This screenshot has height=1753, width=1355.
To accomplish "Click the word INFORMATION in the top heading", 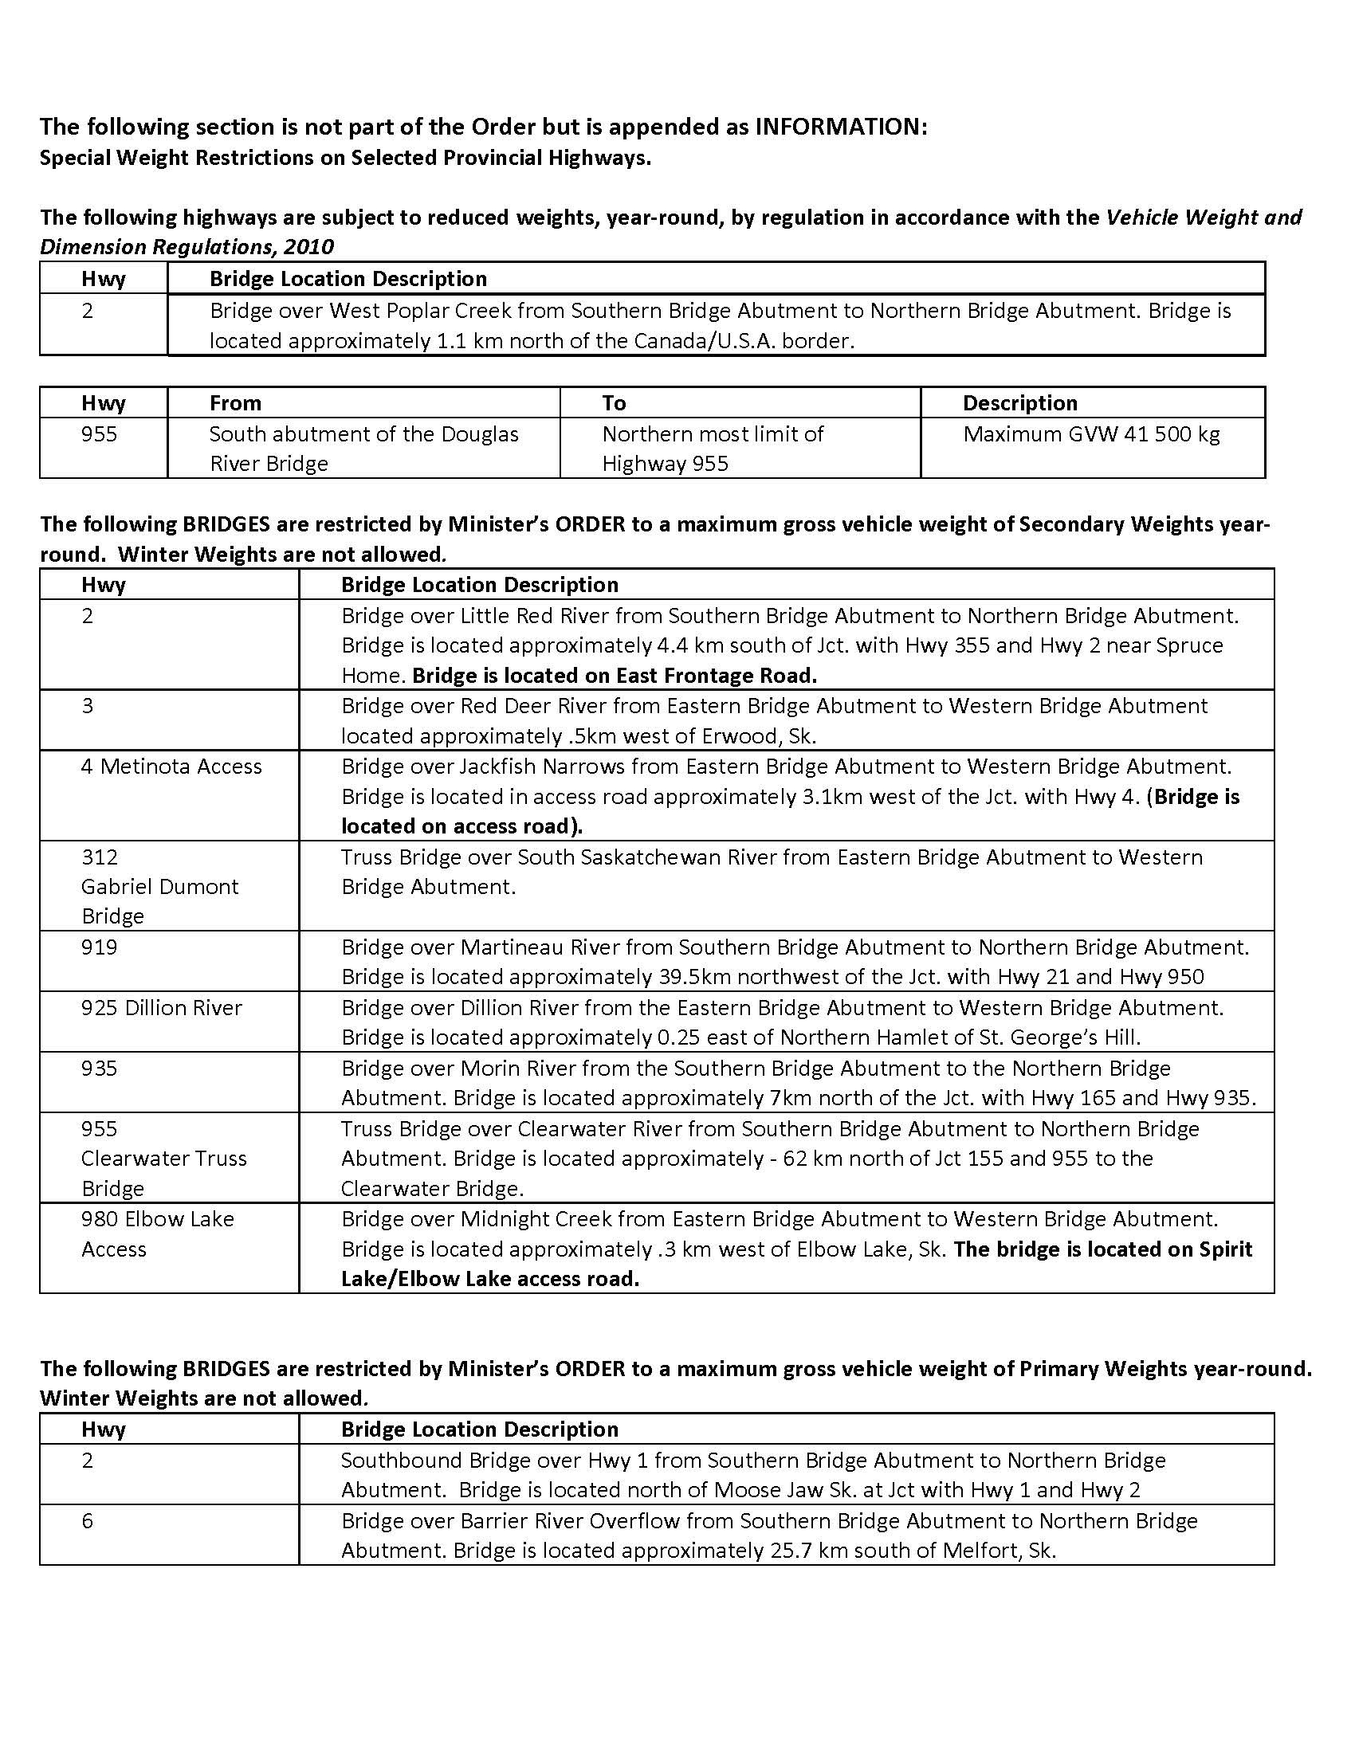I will [x=839, y=127].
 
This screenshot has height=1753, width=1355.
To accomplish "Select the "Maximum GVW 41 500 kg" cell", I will [x=1091, y=434].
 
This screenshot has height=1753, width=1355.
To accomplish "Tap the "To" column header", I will [x=614, y=403].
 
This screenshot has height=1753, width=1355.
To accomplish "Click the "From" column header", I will [x=235, y=403].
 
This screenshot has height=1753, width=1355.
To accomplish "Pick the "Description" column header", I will [x=1019, y=403].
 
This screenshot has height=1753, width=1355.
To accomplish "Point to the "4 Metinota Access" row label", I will [x=171, y=767].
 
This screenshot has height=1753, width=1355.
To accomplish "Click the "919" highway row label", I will [x=99, y=947].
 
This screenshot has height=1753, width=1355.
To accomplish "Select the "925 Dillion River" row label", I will [x=161, y=1007].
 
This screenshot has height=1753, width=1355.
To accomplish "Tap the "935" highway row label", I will [x=99, y=1069].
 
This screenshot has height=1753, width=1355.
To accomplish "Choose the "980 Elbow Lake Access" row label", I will [x=157, y=1233].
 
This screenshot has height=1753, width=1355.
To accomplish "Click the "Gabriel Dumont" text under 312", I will [x=159, y=887].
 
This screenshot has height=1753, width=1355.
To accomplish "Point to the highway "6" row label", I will [x=88, y=1521].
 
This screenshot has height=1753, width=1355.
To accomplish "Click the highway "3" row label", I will [x=88, y=706].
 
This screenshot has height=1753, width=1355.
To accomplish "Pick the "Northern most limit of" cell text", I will [x=713, y=434].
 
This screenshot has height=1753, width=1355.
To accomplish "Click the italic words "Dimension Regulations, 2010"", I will [x=187, y=247].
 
